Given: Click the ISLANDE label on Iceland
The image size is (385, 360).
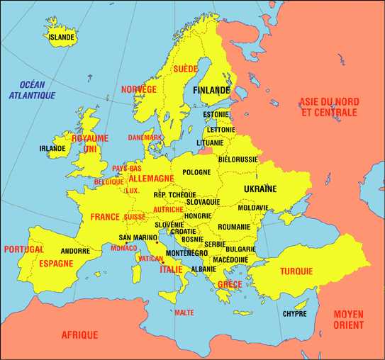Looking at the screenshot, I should (62, 38).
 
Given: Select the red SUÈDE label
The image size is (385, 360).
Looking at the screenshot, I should (186, 69).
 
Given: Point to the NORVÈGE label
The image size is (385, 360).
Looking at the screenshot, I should (138, 89).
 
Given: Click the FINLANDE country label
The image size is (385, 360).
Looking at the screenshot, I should (211, 91).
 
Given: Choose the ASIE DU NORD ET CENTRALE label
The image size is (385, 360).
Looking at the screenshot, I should (329, 107).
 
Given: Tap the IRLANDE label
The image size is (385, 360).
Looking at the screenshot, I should (52, 149).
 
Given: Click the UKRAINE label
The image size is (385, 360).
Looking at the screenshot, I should (260, 189).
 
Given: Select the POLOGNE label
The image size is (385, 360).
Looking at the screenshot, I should (196, 172).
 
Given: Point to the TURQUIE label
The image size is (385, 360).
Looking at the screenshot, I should (296, 271).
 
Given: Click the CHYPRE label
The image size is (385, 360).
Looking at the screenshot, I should (295, 313).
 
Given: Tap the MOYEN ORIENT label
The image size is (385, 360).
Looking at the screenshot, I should (348, 319).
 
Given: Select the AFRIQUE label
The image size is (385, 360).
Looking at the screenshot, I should (79, 335).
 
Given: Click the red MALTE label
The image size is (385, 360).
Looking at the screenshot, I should (184, 313).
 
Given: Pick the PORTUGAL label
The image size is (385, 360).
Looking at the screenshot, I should (23, 249).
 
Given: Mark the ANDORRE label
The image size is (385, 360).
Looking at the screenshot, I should (75, 251).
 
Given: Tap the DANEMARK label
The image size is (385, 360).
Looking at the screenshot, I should (145, 137).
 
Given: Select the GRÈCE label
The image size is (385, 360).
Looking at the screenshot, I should (230, 284).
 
